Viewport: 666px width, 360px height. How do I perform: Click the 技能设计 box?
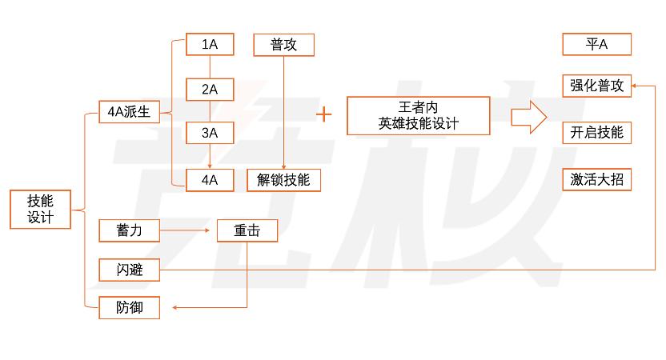pos(40,210)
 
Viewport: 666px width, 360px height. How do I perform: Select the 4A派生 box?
pos(129,112)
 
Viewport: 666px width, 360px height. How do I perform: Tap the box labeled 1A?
pos(210,45)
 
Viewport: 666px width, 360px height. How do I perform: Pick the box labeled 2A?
pos(210,90)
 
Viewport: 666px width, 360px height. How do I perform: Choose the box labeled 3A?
pos(210,132)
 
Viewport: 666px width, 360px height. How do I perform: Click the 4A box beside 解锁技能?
pos(210,180)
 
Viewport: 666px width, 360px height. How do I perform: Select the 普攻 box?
pos(283,45)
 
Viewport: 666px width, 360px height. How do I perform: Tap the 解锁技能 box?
pos(283,180)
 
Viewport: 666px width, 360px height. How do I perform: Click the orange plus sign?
pos(323,114)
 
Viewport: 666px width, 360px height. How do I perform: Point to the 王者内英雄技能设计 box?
pos(418,116)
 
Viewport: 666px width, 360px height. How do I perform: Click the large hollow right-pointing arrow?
pos(529,116)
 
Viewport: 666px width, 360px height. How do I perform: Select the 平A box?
pos(596,44)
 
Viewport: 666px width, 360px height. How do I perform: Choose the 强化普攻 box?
pos(596,86)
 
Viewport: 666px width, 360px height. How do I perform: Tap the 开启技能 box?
pos(596,133)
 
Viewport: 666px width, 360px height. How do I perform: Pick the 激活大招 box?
pos(596,180)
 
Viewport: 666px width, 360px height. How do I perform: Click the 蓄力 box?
pos(129,231)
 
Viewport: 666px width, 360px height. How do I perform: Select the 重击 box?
pos(247,231)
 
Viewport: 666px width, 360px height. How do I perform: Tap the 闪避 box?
pos(129,270)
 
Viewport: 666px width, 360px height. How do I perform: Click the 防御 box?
pos(129,307)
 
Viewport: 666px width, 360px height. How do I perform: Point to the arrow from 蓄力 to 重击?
pos(188,231)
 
